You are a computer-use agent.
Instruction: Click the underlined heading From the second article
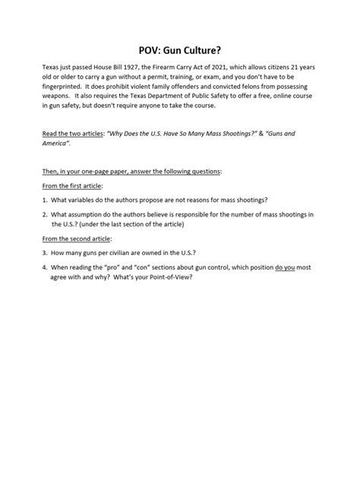point(79,238)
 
